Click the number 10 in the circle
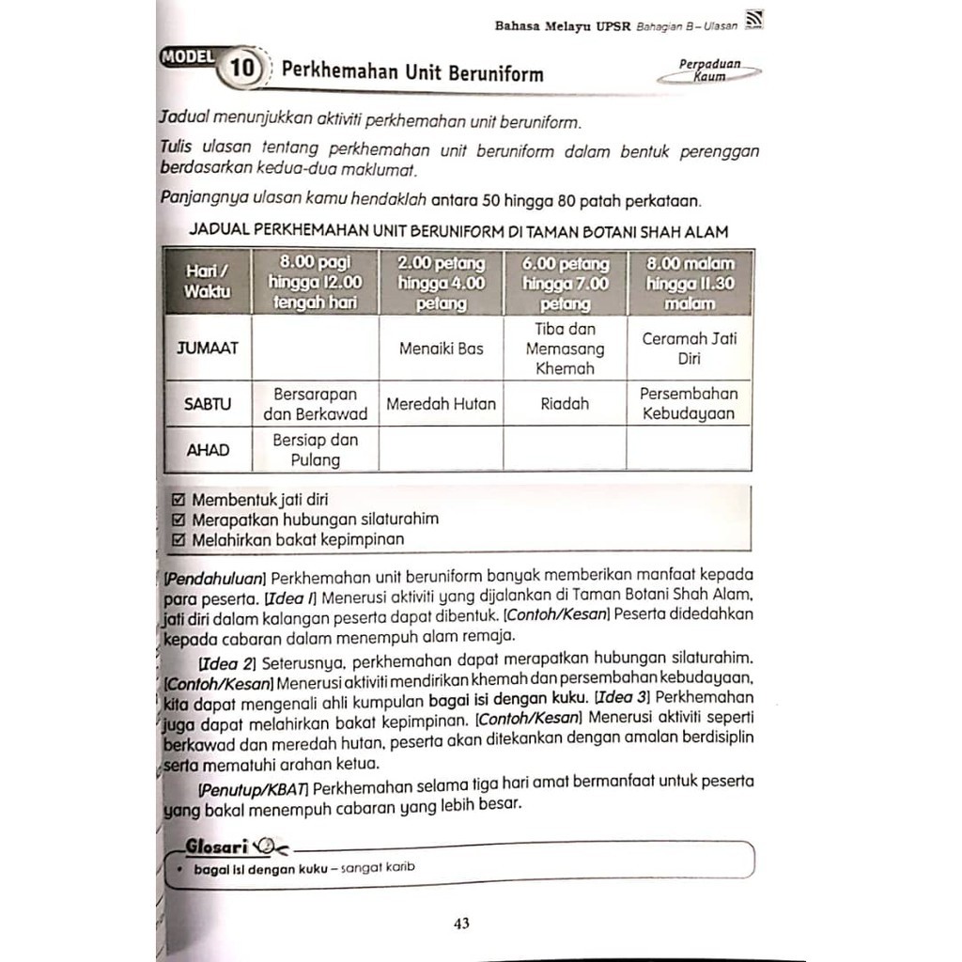click(241, 69)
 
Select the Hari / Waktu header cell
click(208, 281)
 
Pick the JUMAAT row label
click(208, 348)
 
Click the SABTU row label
click(208, 404)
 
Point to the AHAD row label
click(208, 450)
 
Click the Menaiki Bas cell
click(441, 349)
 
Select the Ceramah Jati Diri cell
click(689, 349)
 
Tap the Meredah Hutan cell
click(441, 404)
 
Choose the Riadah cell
click(565, 404)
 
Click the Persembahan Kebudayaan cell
click(689, 404)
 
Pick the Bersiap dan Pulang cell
click(315, 450)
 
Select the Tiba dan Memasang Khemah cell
click(565, 349)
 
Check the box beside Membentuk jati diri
click(180, 500)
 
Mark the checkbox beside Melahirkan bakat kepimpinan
click(180, 539)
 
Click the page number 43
click(461, 923)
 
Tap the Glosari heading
click(217, 846)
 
